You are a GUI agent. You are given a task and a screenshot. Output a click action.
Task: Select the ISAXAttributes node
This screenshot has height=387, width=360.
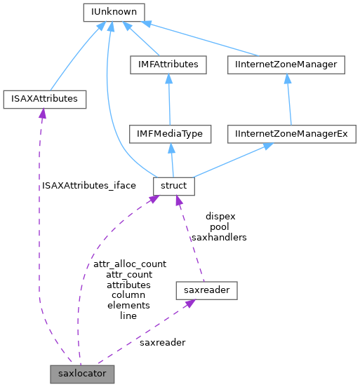(x=45, y=99)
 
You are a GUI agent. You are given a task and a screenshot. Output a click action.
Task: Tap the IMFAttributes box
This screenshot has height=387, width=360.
(x=168, y=64)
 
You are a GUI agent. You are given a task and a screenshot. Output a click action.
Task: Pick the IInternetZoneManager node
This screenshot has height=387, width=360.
(x=286, y=64)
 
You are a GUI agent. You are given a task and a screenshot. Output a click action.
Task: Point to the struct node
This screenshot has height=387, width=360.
(x=173, y=186)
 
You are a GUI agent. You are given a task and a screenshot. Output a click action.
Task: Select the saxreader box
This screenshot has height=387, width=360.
(x=207, y=289)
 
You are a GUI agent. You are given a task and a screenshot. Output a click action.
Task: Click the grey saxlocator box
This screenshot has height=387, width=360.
(x=81, y=374)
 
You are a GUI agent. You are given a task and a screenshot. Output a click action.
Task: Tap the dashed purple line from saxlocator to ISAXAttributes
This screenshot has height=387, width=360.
(x=39, y=245)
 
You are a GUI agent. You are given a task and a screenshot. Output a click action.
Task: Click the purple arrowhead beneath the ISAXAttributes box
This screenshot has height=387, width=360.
(x=42, y=114)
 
